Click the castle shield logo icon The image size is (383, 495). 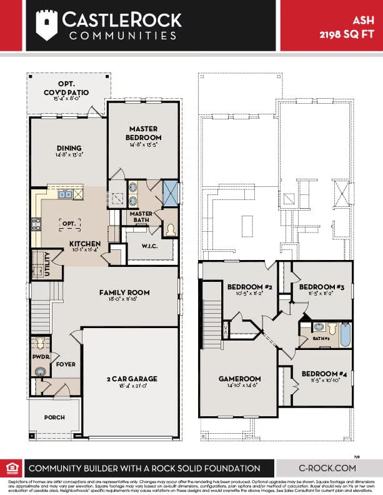coord(47,25)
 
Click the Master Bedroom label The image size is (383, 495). coord(144,134)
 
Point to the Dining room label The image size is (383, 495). coord(69,149)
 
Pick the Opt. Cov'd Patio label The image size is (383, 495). coord(66,89)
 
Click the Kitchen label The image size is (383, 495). coord(85,243)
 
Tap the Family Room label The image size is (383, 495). coord(119,292)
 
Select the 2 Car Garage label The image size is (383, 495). coord(131,378)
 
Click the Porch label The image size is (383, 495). coord(54,417)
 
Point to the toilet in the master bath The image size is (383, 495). coord(170,231)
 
